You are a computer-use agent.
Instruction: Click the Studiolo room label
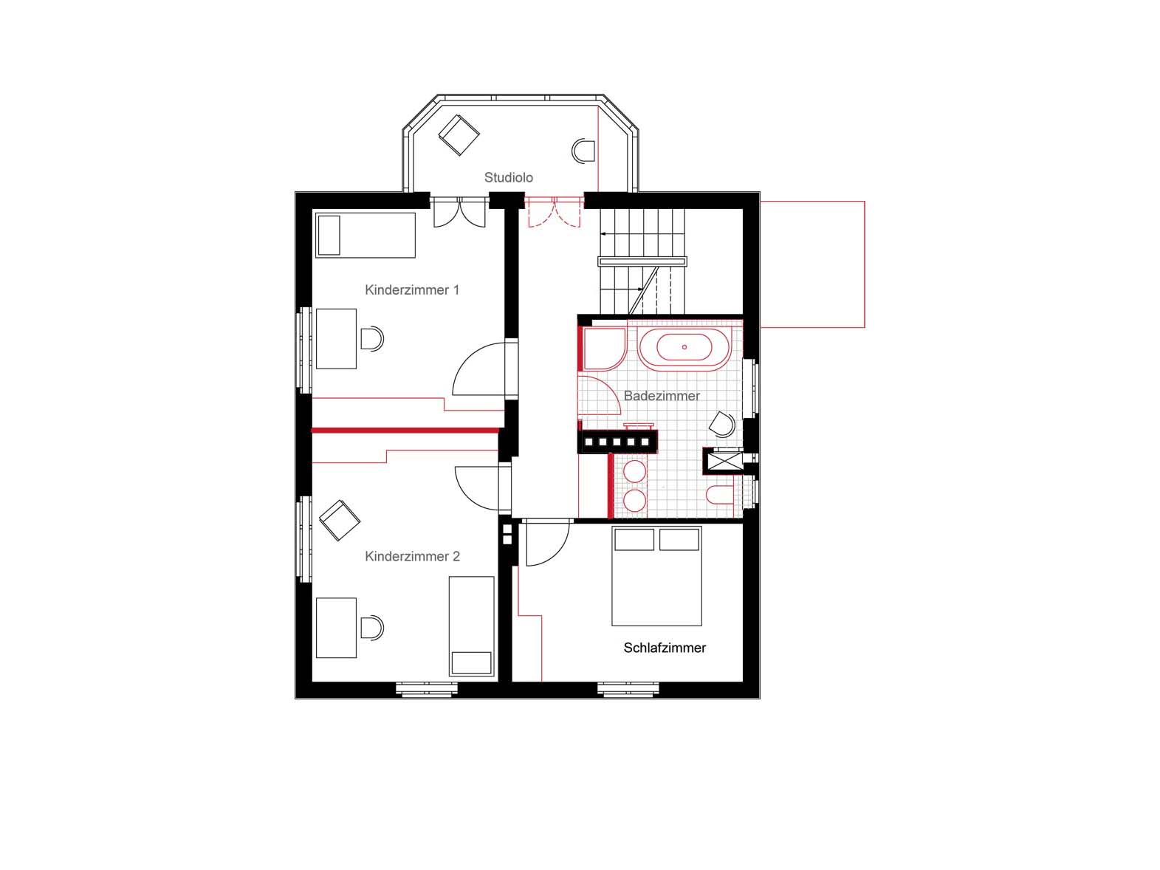point(508,177)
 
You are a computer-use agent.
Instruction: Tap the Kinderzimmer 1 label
point(412,290)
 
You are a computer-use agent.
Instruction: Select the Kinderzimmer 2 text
point(412,556)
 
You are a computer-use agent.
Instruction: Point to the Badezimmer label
point(661,395)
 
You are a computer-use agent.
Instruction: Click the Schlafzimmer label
point(665,648)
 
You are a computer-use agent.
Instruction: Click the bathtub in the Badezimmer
point(684,346)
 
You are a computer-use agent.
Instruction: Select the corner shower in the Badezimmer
point(604,349)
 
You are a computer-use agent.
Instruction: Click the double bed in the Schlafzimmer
point(656,576)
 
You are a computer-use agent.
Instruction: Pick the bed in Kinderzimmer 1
point(365,235)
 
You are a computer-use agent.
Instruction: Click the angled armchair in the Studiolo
point(459,135)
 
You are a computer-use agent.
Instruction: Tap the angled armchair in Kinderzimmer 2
point(339,520)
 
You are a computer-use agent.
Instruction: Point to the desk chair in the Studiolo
point(583,151)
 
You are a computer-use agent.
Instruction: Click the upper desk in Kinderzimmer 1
point(336,339)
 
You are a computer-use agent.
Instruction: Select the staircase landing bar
point(642,261)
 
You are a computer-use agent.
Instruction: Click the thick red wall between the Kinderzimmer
point(405,431)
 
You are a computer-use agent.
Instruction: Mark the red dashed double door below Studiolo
point(555,212)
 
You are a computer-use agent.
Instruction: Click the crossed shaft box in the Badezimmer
point(724,461)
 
